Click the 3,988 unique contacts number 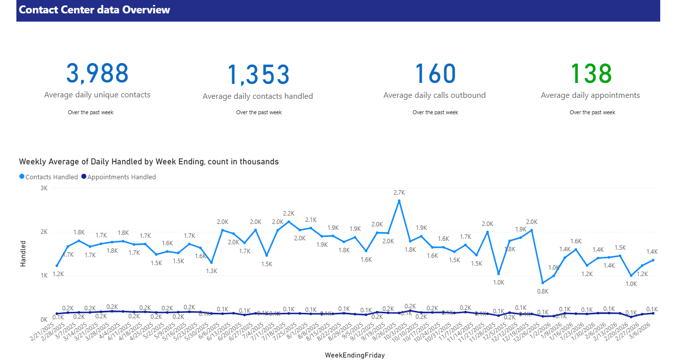click(x=97, y=73)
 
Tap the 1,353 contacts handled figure click(x=258, y=75)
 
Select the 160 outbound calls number click(x=435, y=73)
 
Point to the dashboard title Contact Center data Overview click(x=94, y=10)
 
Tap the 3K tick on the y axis click(x=44, y=188)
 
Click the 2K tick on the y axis click(x=44, y=232)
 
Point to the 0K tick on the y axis click(x=44, y=319)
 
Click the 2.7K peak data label click(x=399, y=192)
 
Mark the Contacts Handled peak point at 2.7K click(x=399, y=201)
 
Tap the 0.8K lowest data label click(x=542, y=291)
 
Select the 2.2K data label click(x=289, y=213)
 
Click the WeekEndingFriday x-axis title click(x=355, y=355)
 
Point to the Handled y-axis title click(x=23, y=254)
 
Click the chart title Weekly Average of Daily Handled click(x=149, y=162)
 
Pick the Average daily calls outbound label click(x=434, y=95)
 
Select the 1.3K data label click(x=212, y=271)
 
